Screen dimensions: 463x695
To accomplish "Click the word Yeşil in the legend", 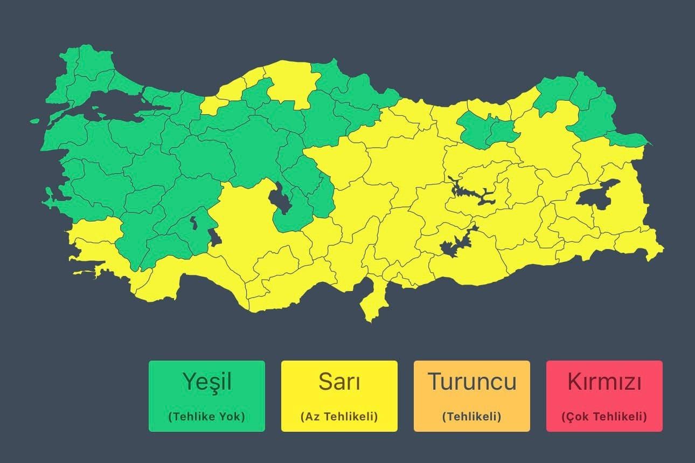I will (x=207, y=382).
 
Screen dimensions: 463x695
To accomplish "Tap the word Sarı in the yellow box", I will (x=339, y=382).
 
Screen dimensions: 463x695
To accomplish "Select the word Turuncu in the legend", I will (x=472, y=382).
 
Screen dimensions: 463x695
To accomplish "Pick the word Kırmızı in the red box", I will (x=604, y=382).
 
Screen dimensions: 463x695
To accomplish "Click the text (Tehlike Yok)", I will (x=207, y=417).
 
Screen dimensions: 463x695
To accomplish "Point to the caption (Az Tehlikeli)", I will (x=339, y=417).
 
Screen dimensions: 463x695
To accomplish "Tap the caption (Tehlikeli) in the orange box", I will (x=472, y=417).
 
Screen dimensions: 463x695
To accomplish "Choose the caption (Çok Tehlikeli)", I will (x=604, y=417).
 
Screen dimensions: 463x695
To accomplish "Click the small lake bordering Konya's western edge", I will (x=214, y=237).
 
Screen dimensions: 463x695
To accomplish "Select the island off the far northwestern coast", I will (x=34, y=121).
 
